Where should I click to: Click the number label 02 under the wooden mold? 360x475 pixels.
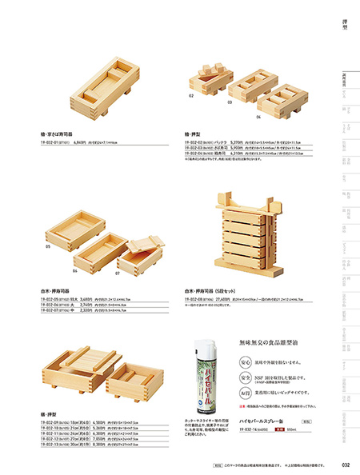coord(192,96)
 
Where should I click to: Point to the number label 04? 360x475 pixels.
coord(259,117)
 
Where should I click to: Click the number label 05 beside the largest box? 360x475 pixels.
coord(48,247)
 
